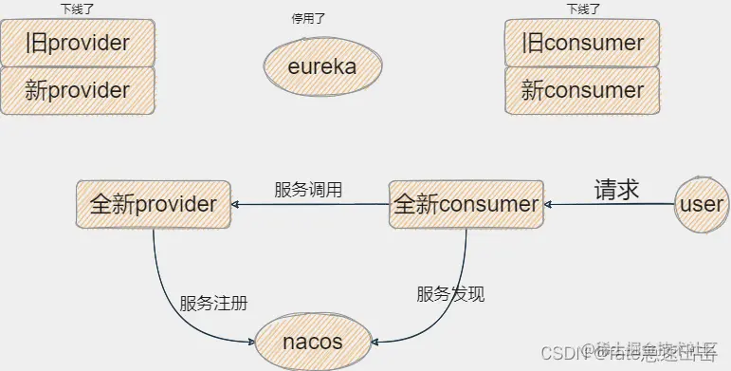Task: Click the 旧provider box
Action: click(77, 44)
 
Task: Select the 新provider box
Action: click(77, 91)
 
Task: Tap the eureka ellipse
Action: click(322, 67)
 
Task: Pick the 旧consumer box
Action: click(582, 44)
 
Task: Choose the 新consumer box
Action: click(582, 91)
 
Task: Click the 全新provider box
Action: click(154, 204)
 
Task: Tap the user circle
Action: click(702, 204)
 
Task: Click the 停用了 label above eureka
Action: click(310, 18)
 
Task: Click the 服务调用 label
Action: click(308, 189)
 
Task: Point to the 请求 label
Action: click(616, 188)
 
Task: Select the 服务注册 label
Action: click(214, 304)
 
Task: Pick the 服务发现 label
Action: click(451, 294)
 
